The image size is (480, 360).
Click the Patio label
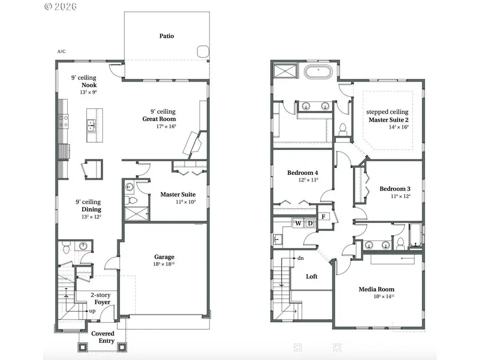(166, 36)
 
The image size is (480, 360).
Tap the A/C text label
(61, 52)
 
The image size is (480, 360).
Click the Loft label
(311, 276)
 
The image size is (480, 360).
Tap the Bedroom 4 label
(302, 173)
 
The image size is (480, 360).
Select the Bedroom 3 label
(395, 189)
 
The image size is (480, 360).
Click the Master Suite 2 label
(387, 120)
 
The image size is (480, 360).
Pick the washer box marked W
(298, 223)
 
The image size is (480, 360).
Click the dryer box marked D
(310, 223)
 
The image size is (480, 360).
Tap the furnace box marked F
(323, 217)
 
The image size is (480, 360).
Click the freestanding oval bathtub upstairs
(319, 71)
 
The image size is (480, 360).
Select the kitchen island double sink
(91, 126)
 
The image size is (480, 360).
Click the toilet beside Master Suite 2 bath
(343, 129)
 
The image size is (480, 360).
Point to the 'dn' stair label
(300, 258)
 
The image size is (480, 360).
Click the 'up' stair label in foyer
(92, 310)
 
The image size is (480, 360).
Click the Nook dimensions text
(88, 92)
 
